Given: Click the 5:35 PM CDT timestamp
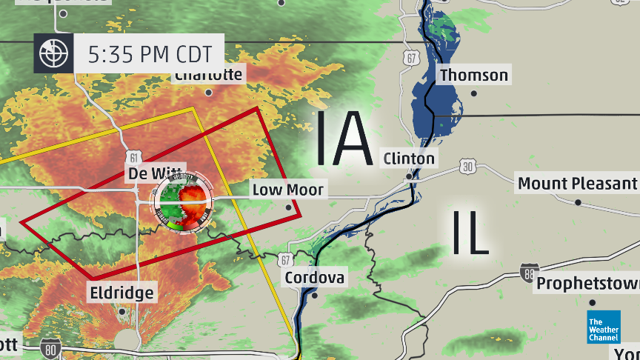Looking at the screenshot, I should tap(149, 53).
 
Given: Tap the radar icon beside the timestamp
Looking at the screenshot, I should tap(54, 53).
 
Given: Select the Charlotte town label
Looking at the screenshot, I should tap(209, 75).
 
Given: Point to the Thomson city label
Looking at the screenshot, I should tap(474, 75).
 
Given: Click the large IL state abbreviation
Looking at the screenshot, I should tap(469, 232).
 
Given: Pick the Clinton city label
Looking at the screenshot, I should tap(409, 159).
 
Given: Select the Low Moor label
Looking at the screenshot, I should tap(288, 190).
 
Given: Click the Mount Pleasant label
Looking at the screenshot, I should tap(577, 183).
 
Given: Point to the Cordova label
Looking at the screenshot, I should tap(314, 278).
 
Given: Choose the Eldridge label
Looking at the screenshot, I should tap(122, 293).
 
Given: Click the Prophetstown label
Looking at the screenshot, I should tap(587, 284).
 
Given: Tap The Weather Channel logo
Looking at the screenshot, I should tap(603, 327).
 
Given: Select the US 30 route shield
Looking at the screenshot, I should tap(467, 167).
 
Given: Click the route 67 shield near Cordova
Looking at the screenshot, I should tap(287, 259).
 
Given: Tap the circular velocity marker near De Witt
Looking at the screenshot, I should tap(183, 201).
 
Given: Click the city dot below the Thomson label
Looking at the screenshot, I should tap(474, 93).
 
